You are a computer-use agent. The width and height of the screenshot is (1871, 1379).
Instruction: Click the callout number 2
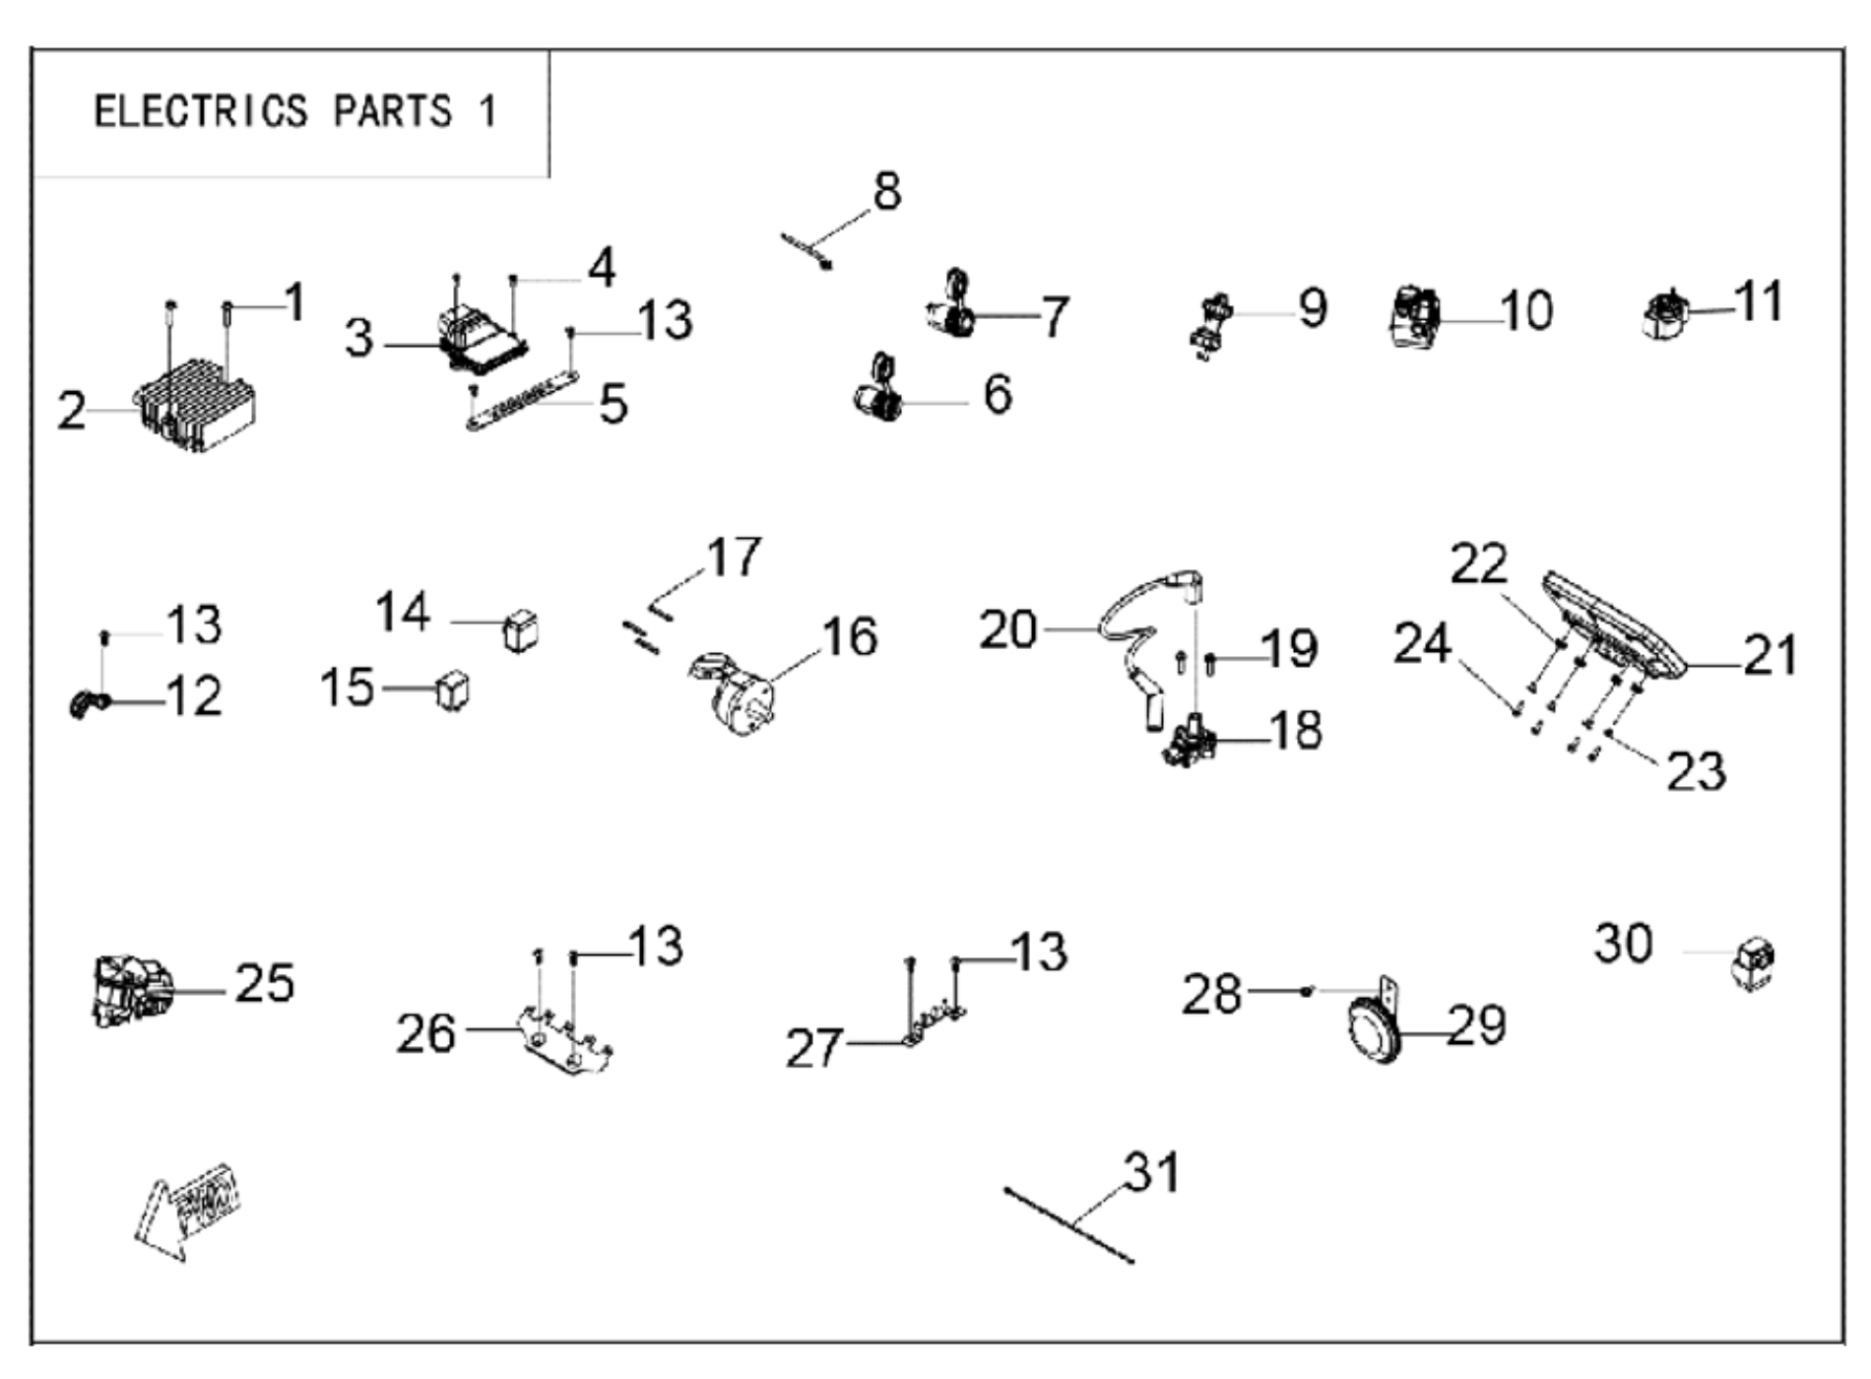tap(71, 411)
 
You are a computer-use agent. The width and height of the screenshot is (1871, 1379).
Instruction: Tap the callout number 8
tap(886, 191)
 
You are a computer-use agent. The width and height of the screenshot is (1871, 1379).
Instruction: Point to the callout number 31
tap(1151, 1172)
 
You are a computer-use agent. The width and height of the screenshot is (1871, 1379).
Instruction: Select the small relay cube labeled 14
tap(521, 629)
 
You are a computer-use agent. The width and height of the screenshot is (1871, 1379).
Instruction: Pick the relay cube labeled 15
tap(452, 689)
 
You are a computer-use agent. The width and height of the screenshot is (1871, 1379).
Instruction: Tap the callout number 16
tap(849, 636)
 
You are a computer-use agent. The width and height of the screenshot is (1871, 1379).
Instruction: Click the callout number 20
tap(1007, 629)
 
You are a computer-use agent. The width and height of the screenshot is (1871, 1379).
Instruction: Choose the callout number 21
tap(1770, 654)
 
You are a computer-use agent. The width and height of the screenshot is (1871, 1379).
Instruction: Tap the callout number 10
tap(1526, 310)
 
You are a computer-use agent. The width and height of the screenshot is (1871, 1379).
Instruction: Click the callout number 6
tap(998, 394)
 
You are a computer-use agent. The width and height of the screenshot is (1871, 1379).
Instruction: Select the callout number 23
tap(1696, 771)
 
